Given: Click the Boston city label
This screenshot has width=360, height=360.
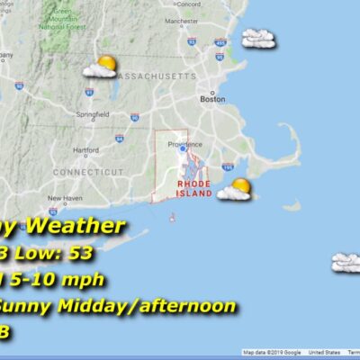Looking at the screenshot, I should (x=213, y=99).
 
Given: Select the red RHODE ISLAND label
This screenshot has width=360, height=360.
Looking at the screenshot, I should (x=194, y=188).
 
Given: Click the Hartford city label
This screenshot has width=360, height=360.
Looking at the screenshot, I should (x=85, y=149).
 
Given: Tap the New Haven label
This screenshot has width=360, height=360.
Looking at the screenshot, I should (x=65, y=198).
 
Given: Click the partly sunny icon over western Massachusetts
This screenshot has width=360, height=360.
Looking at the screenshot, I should (x=100, y=66).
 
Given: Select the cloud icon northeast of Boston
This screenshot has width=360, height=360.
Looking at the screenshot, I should (x=258, y=38).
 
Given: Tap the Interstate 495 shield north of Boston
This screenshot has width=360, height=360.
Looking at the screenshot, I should (x=220, y=40).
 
